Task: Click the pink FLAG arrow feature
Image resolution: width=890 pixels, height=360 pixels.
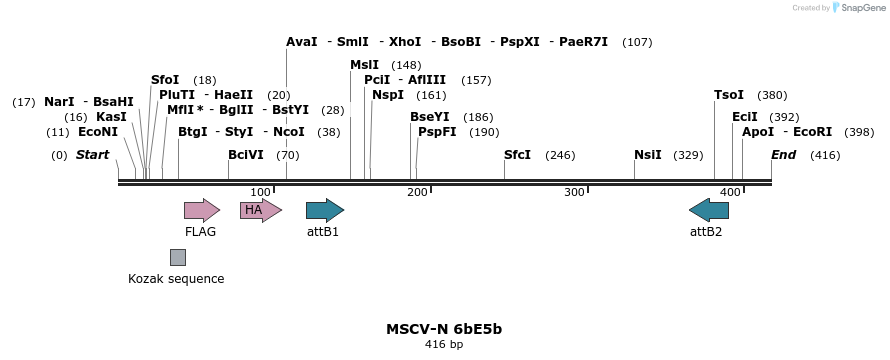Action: click(x=201, y=210)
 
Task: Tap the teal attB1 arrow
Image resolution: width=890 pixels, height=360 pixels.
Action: click(x=324, y=210)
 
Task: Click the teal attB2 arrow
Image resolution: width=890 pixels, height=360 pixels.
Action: click(x=709, y=210)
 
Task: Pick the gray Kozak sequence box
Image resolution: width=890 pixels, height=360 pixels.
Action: click(x=177, y=257)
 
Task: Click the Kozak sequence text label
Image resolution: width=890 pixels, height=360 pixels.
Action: click(x=176, y=279)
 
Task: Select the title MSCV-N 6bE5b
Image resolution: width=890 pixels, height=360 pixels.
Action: click(x=444, y=328)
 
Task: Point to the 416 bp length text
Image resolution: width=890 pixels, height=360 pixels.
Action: click(x=444, y=344)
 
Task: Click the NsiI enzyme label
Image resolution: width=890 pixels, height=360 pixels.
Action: click(x=648, y=155)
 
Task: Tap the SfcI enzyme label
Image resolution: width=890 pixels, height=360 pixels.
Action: click(x=517, y=155)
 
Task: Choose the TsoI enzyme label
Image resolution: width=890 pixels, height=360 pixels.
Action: click(x=729, y=95)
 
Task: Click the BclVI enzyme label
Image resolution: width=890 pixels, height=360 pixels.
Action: click(x=246, y=155)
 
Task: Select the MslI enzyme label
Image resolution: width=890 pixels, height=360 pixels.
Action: click(x=364, y=65)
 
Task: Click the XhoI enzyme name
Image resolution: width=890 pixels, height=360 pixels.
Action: click(x=405, y=42)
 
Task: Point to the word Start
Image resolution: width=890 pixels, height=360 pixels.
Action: click(x=93, y=155)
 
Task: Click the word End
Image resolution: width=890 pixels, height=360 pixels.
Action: click(x=784, y=155)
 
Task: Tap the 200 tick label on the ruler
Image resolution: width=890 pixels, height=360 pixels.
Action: click(x=417, y=192)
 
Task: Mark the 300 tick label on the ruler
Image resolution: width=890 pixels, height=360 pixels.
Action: click(x=574, y=192)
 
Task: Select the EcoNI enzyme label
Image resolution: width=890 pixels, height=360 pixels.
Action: click(x=98, y=132)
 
